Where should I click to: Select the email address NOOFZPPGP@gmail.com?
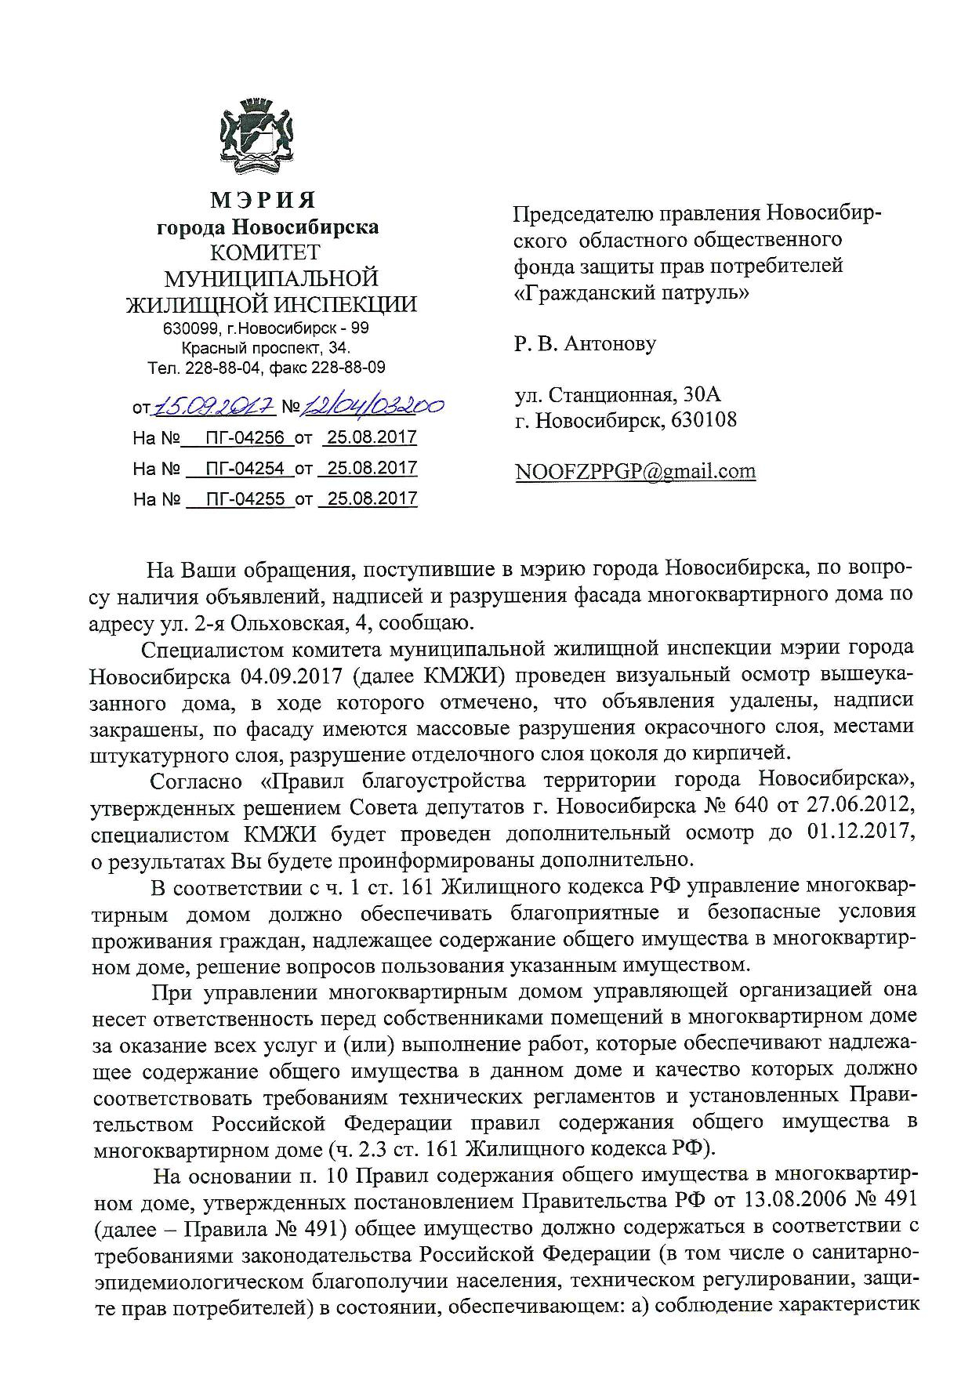[x=635, y=471]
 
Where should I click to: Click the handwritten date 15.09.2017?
[x=214, y=406]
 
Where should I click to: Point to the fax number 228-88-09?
[x=349, y=368]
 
